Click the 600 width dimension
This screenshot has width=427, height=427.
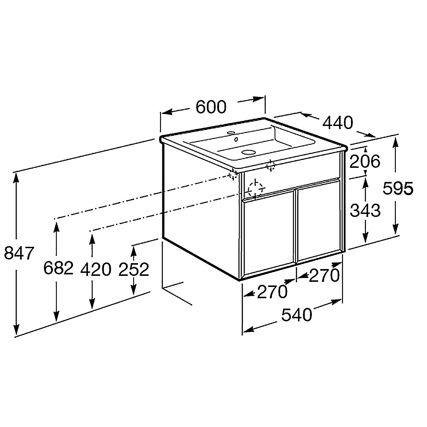coord(211,107)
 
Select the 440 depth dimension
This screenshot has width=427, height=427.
coord(338,123)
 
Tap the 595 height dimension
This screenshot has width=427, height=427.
coord(398,188)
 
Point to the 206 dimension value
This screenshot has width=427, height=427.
coord(365,161)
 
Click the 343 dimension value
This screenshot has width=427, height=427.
coord(365,211)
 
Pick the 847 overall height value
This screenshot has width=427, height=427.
coord(19,253)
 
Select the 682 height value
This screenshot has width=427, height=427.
coord(58,268)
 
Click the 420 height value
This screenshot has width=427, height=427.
coord(96,269)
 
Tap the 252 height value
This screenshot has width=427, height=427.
coord(134,269)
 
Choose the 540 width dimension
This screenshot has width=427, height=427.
coord(297,315)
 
